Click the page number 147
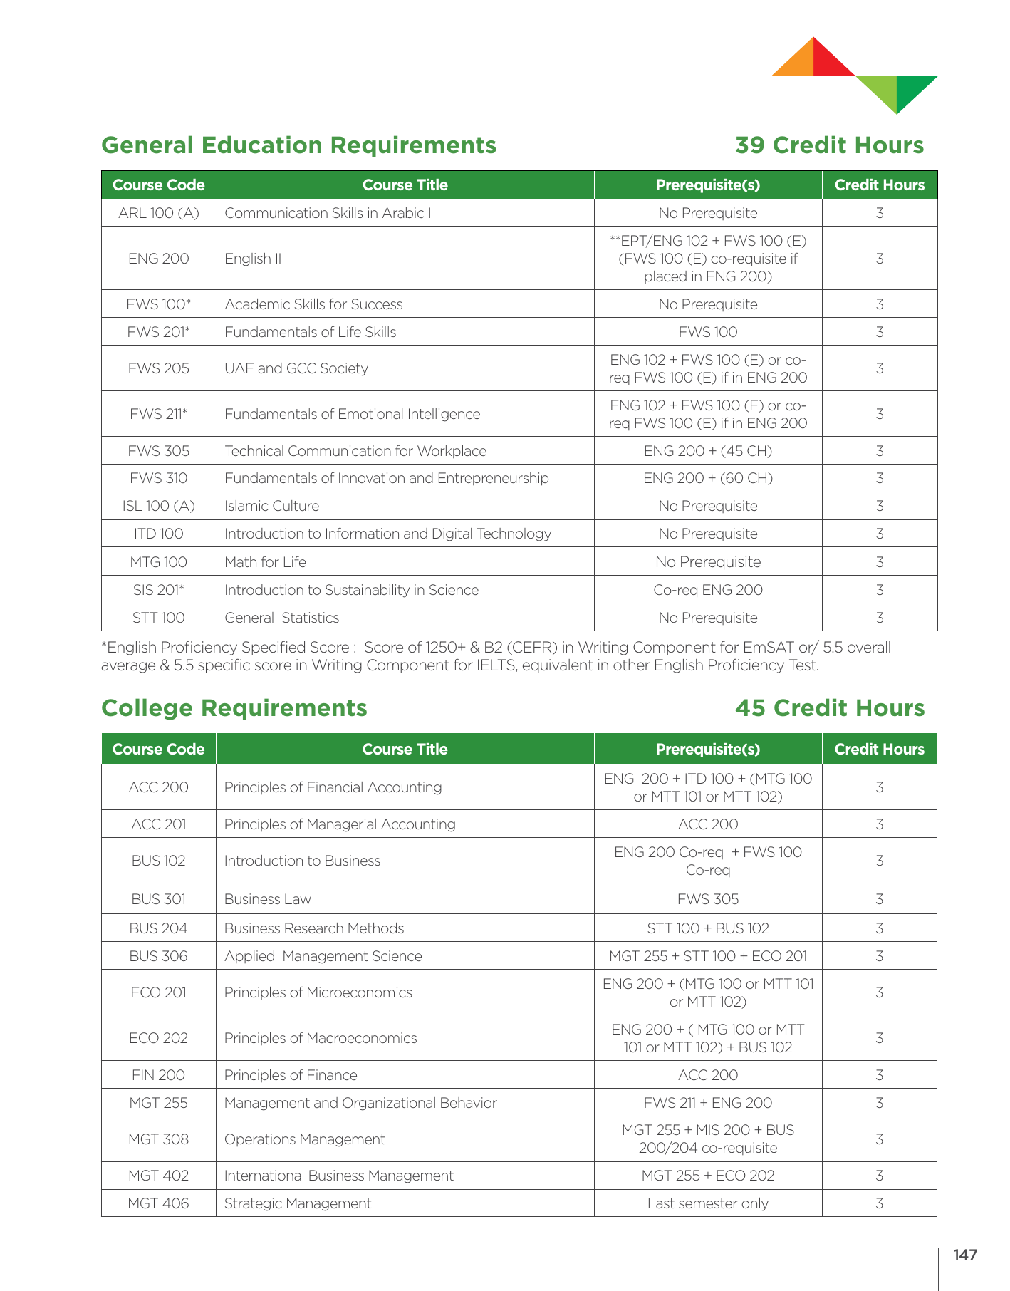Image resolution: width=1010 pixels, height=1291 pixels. [x=965, y=1255]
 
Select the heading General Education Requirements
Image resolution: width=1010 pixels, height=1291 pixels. [x=299, y=145]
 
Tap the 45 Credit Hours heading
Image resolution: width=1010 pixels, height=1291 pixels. [x=830, y=708]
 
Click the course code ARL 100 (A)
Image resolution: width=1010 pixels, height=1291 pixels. [x=159, y=213]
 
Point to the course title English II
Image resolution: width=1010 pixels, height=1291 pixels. [x=253, y=259]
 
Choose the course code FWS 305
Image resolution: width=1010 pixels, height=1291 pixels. [x=159, y=451]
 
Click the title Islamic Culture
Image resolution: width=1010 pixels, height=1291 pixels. [x=271, y=506]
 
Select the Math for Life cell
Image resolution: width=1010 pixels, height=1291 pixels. [x=265, y=562]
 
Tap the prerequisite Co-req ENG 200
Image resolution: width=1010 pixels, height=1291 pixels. [x=708, y=590]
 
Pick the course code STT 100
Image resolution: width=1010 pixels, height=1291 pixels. [x=159, y=618]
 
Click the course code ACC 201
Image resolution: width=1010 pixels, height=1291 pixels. [x=159, y=824]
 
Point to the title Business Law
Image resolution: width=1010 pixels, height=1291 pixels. [x=267, y=899]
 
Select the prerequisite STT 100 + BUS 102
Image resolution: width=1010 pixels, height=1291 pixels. [x=708, y=928]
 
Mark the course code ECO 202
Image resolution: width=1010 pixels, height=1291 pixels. [x=159, y=1038]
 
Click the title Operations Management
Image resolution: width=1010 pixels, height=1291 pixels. [x=304, y=1139]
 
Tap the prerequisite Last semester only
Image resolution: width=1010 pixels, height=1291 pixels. [x=708, y=1203]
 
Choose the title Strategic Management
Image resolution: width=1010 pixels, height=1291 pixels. [x=298, y=1203]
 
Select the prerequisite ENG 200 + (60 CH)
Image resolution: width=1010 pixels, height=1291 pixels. [x=708, y=478]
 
